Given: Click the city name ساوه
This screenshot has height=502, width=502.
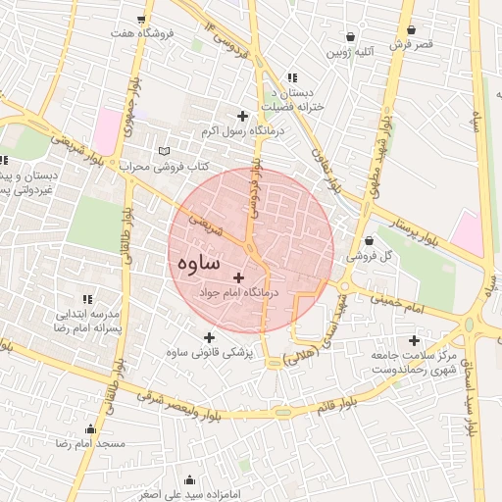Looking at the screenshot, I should click(213, 266).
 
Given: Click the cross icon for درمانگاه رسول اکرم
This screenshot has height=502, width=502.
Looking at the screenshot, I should click(243, 117).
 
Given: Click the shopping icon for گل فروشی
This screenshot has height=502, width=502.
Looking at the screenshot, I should click(369, 240).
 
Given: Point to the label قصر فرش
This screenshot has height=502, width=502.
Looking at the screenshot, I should click(411, 45).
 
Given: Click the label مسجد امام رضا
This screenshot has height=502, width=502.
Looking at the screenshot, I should click(91, 444).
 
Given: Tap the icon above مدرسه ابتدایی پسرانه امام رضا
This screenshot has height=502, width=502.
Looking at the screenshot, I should click(87, 299).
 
